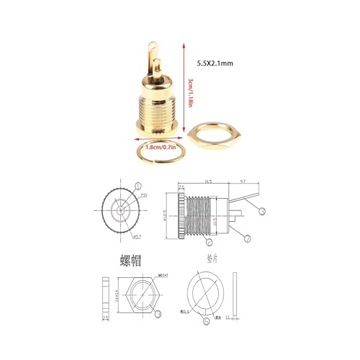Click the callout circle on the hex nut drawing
point(158,312)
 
